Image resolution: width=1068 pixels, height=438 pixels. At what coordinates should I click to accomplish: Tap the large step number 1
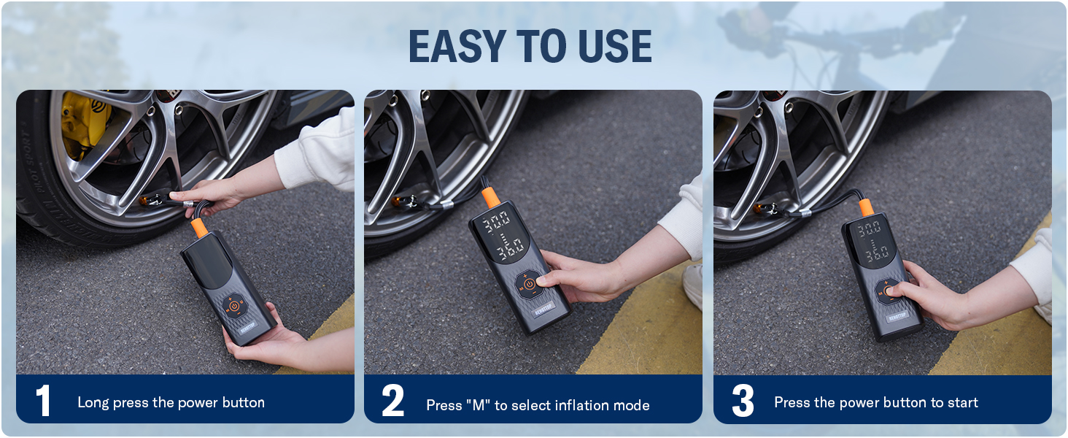44,401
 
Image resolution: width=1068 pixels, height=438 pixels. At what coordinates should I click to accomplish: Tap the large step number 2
392,401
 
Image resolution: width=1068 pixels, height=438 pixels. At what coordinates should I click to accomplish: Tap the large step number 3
742,401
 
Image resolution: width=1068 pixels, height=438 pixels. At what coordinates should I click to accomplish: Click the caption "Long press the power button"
171,402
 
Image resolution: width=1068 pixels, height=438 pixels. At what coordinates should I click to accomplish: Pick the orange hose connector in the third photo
866,207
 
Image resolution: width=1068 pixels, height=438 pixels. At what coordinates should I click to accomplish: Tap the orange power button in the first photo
233,307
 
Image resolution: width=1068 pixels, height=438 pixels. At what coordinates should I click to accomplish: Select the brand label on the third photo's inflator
899,317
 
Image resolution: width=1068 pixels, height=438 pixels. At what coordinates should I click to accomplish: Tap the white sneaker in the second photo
692,286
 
